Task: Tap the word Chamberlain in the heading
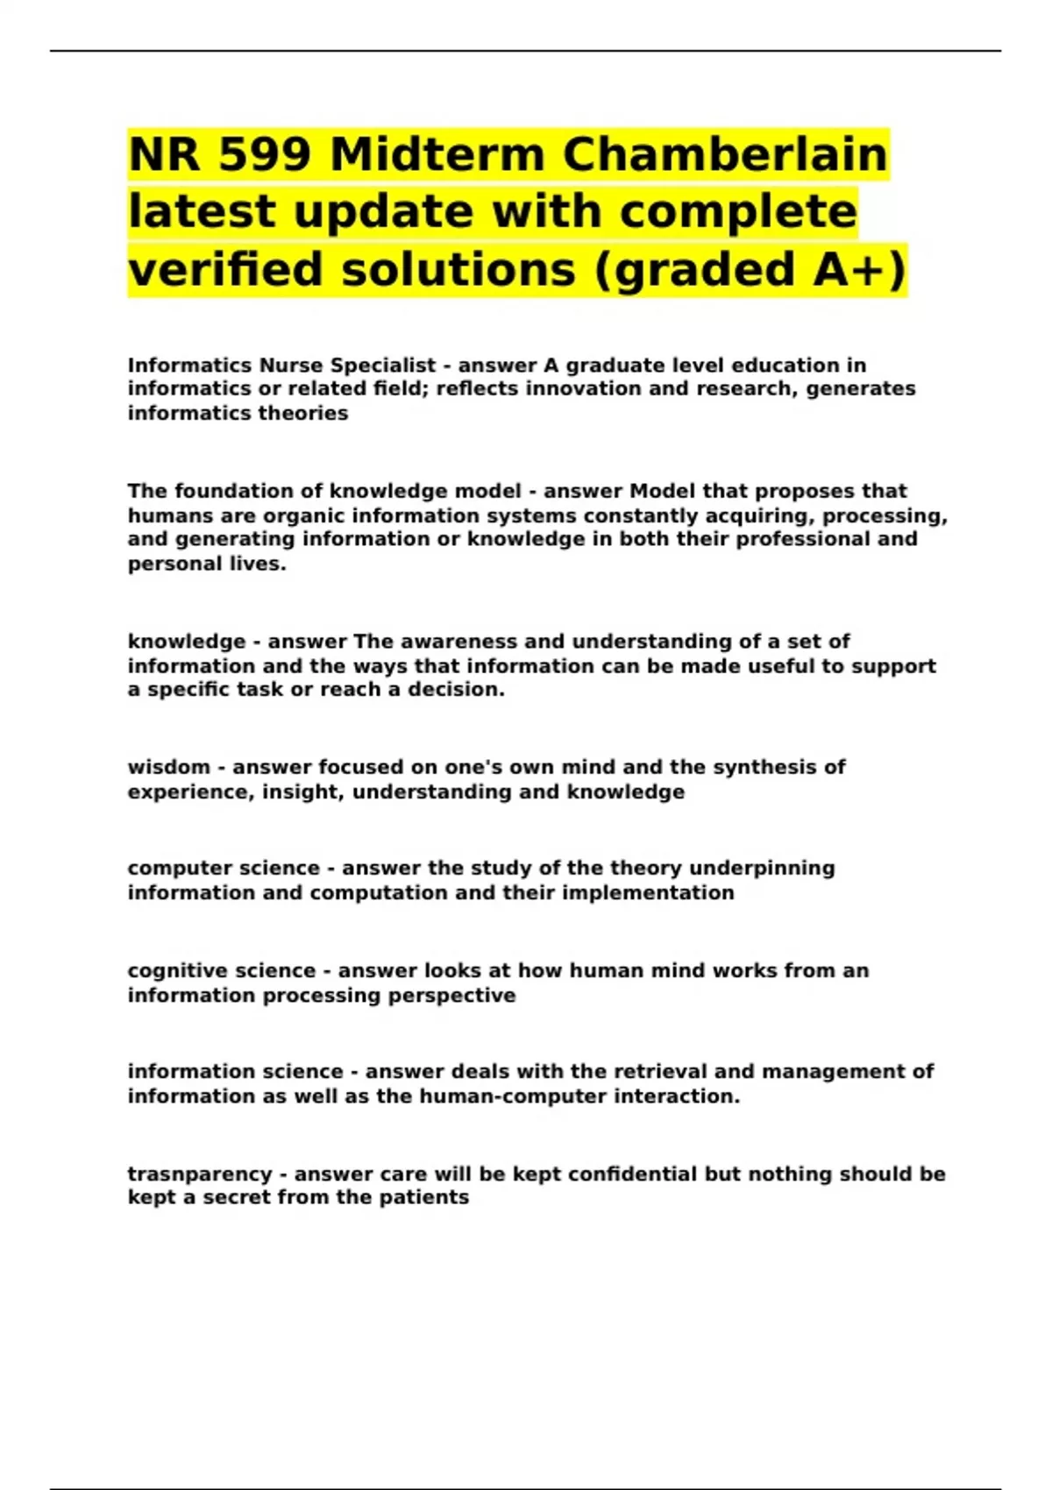[x=725, y=155]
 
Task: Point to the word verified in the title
[x=227, y=269]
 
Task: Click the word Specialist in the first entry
[x=382, y=365]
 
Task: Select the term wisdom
[x=168, y=768]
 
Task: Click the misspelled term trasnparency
[x=200, y=1174]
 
